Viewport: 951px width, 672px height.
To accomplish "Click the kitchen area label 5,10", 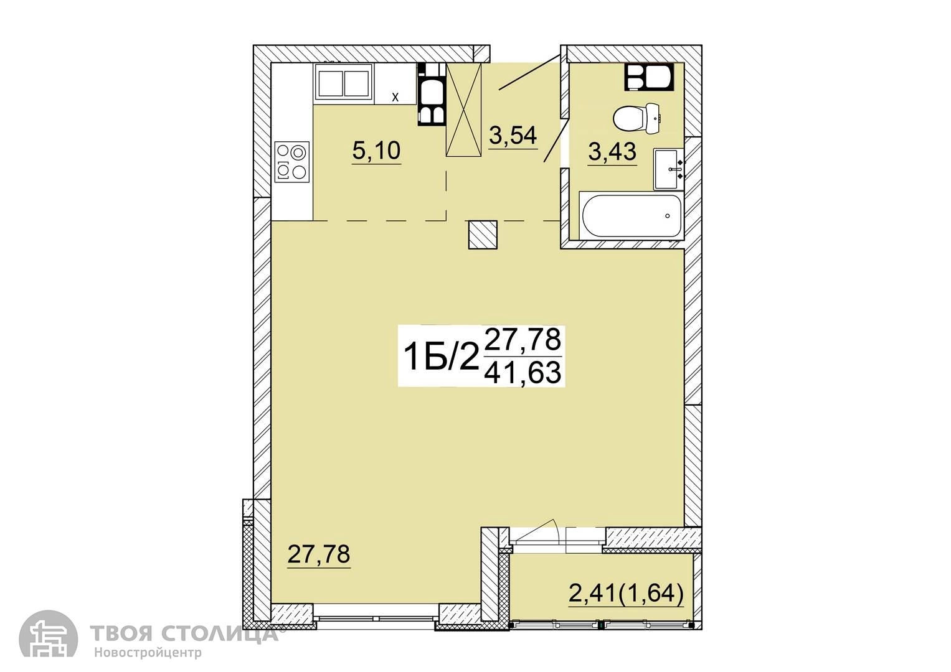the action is tap(376, 151).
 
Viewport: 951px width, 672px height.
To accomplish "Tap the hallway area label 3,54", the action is tap(513, 136).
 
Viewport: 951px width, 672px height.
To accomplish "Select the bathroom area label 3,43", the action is tap(612, 151).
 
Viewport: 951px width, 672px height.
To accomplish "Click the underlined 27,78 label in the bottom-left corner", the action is tap(318, 554).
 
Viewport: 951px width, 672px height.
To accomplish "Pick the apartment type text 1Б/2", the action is tap(440, 357).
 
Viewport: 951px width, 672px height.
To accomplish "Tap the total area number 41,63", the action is tap(523, 373).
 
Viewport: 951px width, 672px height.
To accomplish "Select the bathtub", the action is tap(632, 215).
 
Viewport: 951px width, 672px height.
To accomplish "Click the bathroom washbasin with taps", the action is tap(669, 169).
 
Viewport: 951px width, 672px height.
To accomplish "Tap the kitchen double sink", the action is tap(344, 83).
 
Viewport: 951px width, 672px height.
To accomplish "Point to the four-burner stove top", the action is tap(292, 162).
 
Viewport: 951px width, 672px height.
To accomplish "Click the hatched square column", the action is tap(483, 235).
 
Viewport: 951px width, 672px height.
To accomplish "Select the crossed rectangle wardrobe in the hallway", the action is tap(463, 110).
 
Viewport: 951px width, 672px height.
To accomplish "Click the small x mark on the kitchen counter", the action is tap(395, 97).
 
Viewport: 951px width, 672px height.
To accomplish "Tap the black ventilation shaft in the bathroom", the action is tap(648, 77).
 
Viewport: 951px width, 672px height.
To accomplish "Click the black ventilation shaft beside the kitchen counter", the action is tap(432, 94).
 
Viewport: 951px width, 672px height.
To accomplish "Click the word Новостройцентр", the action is tap(148, 652).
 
